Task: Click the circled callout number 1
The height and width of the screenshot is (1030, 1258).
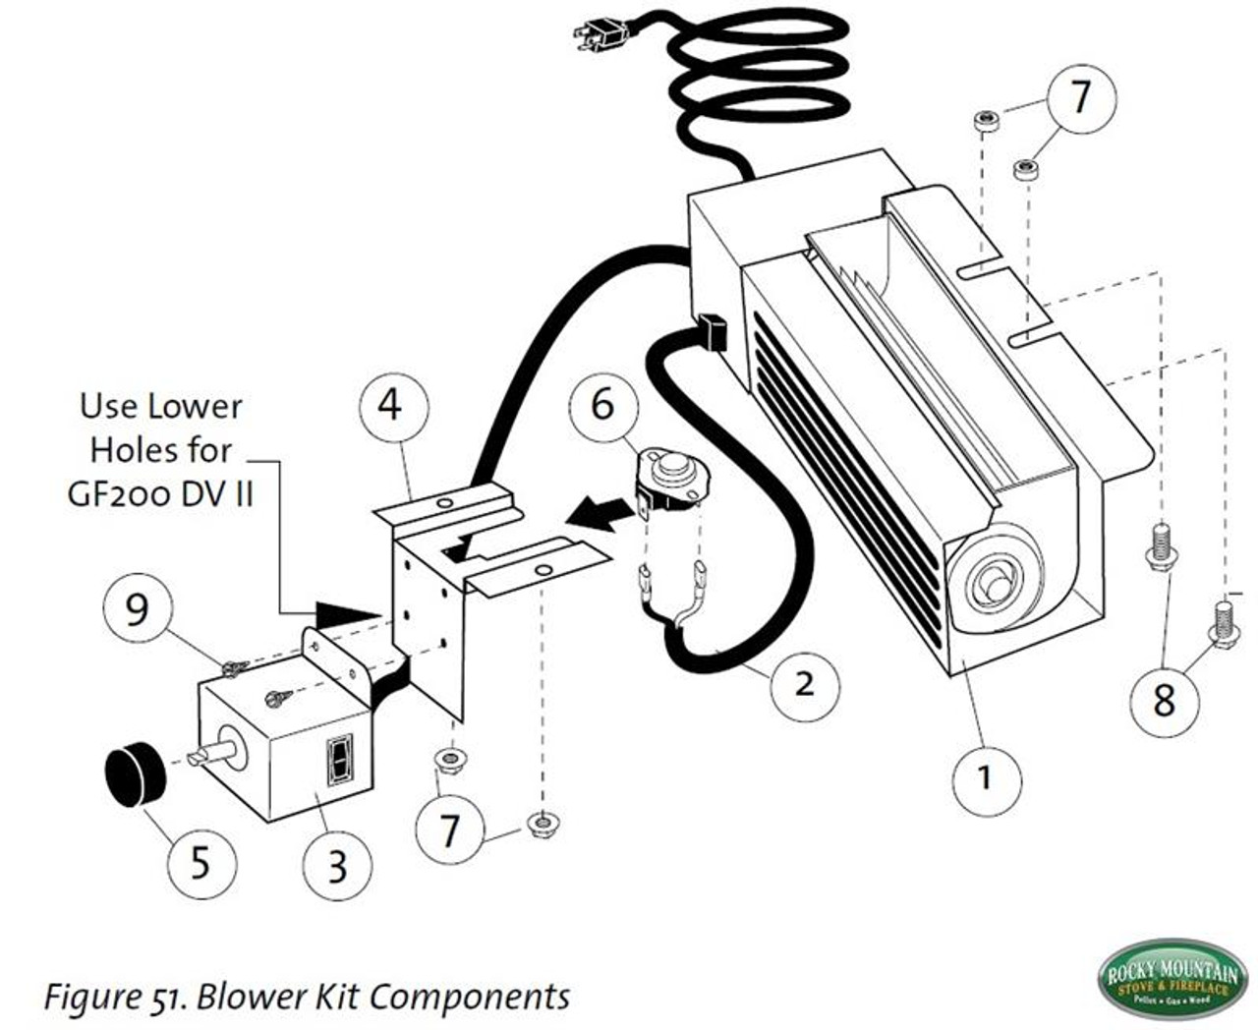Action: click(987, 776)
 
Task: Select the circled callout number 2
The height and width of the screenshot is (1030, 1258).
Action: click(805, 681)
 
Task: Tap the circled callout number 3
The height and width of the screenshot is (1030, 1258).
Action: click(337, 865)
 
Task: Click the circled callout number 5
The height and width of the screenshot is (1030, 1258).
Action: click(200, 862)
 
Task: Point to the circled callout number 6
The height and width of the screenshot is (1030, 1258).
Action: click(601, 403)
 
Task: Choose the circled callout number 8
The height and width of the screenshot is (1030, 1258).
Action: click(1164, 700)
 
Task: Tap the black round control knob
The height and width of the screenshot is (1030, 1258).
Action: click(135, 774)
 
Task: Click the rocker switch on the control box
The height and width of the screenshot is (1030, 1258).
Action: click(339, 760)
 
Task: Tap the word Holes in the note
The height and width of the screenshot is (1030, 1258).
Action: click(134, 449)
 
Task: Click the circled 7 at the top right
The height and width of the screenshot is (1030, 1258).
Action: click(1081, 96)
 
